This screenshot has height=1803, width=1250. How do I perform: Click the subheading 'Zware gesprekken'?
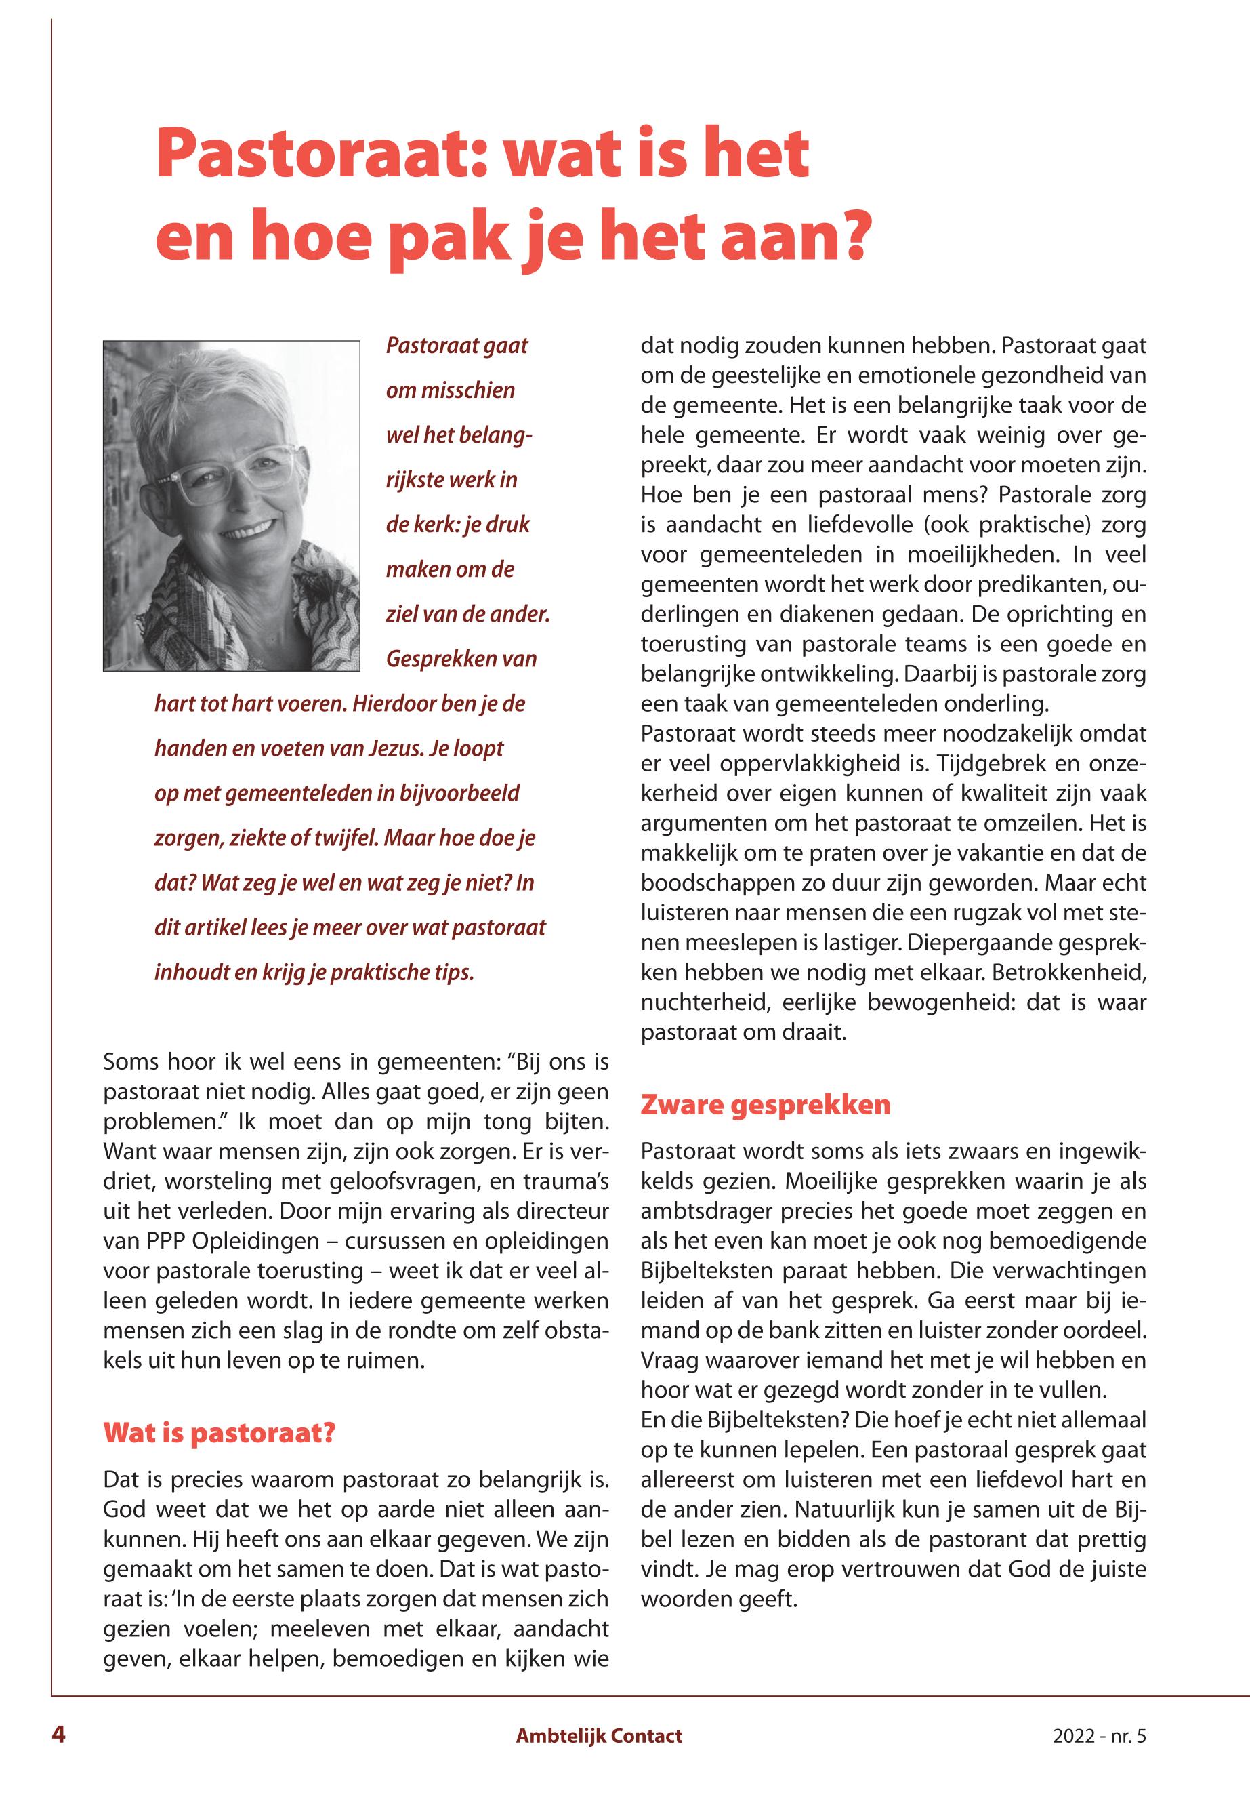(765, 1105)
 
